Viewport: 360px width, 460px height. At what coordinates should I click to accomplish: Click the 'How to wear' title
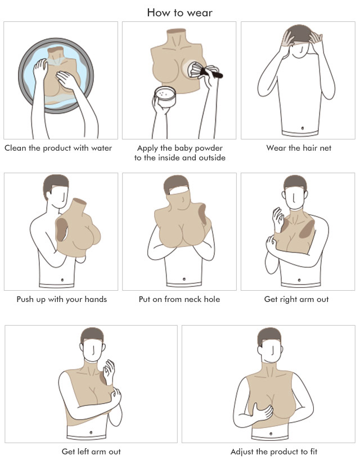point(179,12)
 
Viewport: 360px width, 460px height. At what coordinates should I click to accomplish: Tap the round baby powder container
point(165,96)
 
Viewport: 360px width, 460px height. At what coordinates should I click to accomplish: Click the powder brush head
point(196,70)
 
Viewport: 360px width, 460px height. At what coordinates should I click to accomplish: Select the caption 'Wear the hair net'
point(299,148)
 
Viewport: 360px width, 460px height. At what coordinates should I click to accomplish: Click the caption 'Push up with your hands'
point(62,300)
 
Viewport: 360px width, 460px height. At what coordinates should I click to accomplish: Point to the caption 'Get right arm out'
point(296,300)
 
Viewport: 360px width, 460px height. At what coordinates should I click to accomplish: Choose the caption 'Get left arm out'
point(91,452)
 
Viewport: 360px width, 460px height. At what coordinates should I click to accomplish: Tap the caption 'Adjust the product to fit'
point(274,452)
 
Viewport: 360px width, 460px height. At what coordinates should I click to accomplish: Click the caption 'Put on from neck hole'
point(179,299)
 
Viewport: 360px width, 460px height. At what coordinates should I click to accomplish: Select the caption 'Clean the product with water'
point(58,148)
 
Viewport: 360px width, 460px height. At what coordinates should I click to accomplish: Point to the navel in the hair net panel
point(302,128)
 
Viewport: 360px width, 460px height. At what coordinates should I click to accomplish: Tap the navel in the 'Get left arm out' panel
point(91,432)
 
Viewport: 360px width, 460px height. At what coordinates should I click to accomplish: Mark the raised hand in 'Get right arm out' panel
point(277,219)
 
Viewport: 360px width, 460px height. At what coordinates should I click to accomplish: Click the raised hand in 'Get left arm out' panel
point(109,372)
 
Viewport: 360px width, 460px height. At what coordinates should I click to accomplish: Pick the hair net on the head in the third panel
point(299,35)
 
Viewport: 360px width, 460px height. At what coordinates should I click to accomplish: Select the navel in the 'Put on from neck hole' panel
point(184,279)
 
